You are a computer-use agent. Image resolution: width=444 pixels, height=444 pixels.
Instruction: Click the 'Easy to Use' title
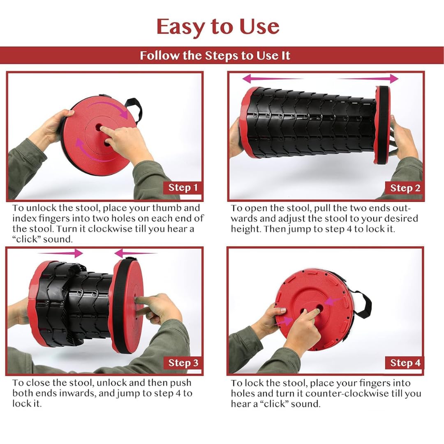tap(218, 27)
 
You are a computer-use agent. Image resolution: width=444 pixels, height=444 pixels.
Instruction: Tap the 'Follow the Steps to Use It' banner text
tap(215, 55)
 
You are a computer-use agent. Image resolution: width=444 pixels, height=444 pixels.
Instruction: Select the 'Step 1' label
tap(183, 188)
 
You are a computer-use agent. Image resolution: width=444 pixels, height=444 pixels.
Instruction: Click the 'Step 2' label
tap(405, 188)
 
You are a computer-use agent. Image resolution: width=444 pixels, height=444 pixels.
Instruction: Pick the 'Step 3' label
tap(183, 363)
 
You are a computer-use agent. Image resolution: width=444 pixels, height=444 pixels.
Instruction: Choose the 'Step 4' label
tap(405, 363)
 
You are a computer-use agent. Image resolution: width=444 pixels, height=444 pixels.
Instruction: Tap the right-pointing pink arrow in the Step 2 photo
tap(368, 79)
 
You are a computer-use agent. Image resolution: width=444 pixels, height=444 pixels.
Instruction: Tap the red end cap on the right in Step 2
tap(382, 125)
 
